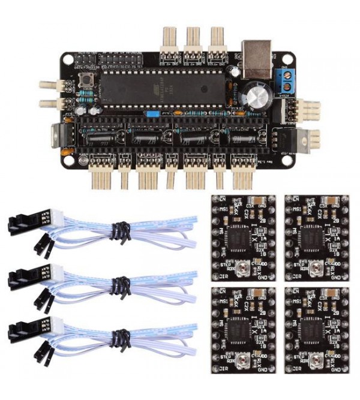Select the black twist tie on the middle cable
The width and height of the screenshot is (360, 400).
[119, 282]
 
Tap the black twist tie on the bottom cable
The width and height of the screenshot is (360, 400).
[119, 331]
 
